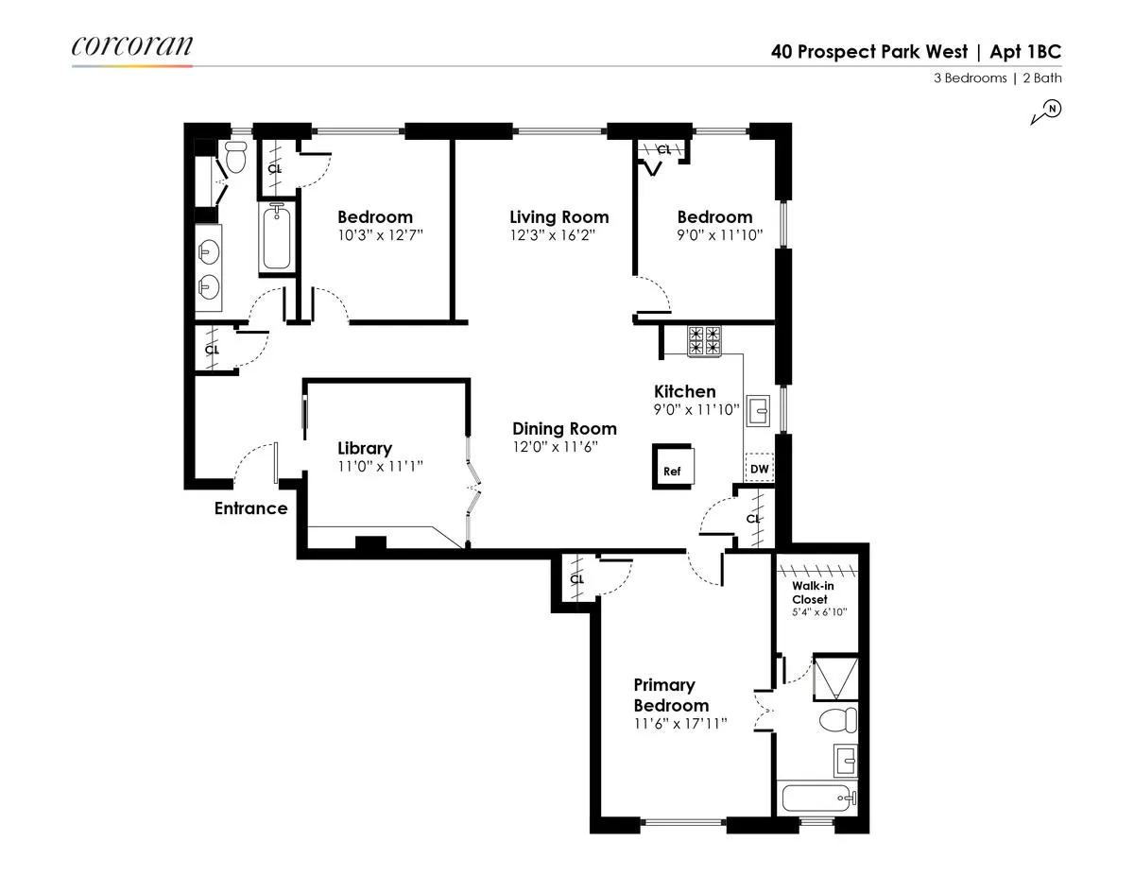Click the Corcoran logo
[131, 46]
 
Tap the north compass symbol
[1047, 112]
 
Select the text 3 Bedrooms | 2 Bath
[997, 78]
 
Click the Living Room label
[558, 217]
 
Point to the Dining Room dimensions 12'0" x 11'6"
[564, 447]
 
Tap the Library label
[365, 448]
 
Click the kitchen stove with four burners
[704, 340]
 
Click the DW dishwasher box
[759, 468]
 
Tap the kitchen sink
[759, 411]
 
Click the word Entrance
[250, 508]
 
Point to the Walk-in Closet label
[810, 592]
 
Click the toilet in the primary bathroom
[836, 721]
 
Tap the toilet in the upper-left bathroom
[235, 158]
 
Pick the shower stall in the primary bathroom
[836, 677]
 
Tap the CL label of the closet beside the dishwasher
[753, 519]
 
